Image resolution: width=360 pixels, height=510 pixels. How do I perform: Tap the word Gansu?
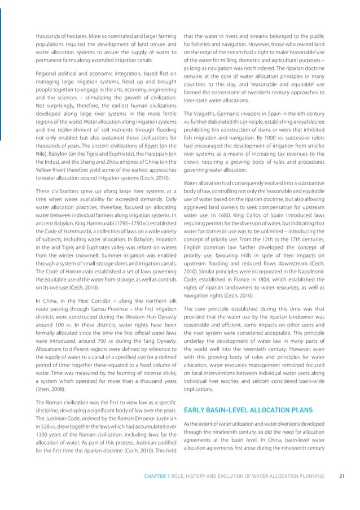[x=95, y=318]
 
